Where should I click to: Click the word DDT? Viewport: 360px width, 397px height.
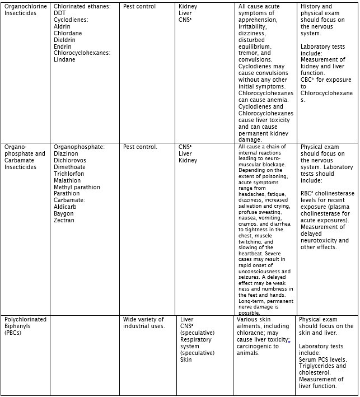pyautogui.click(x=60, y=13)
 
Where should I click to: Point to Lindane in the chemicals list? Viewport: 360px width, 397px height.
pyautogui.click(x=64, y=60)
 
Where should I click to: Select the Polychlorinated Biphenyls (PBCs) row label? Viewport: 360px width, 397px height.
pyautogui.click(x=25, y=326)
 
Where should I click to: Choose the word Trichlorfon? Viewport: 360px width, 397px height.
pyautogui.click(x=69, y=174)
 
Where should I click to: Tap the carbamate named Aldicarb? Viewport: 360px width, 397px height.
pyautogui.click(x=65, y=207)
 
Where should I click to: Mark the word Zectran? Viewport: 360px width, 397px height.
pyautogui.click(x=64, y=221)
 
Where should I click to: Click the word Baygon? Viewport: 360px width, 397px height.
pyautogui.click(x=64, y=214)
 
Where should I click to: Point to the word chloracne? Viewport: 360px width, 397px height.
pyautogui.click(x=251, y=333)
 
